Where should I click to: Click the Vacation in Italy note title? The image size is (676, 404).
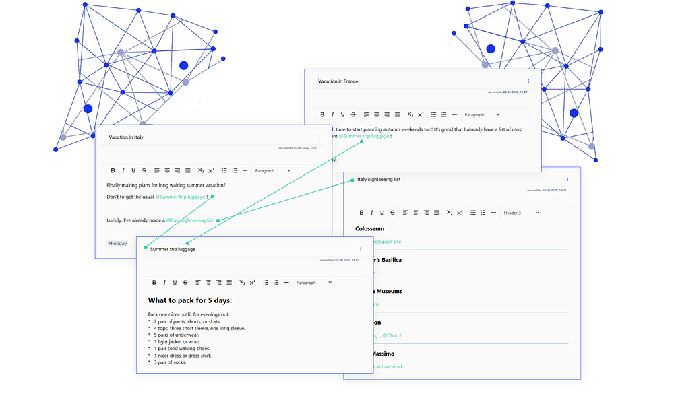click(x=126, y=137)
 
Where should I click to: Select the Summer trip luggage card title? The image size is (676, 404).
click(x=173, y=249)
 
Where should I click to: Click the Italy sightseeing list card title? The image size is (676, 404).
click(x=379, y=180)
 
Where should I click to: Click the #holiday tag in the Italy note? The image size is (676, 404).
click(x=117, y=243)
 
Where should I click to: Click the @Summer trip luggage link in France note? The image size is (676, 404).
click(x=364, y=136)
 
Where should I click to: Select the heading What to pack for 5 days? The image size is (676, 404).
click(x=190, y=300)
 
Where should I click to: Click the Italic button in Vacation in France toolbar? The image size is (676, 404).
click(x=332, y=115)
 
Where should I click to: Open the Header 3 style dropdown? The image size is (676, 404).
click(x=522, y=213)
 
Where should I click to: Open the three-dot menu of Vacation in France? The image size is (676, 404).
click(x=528, y=81)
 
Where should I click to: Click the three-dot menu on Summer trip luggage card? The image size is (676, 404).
click(x=361, y=249)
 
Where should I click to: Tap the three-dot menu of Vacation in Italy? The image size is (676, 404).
click(x=319, y=137)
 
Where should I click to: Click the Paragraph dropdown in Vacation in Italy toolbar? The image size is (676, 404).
click(x=273, y=171)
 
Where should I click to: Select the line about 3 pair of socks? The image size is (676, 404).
click(x=169, y=362)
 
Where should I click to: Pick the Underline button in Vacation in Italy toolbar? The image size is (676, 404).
click(x=133, y=171)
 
